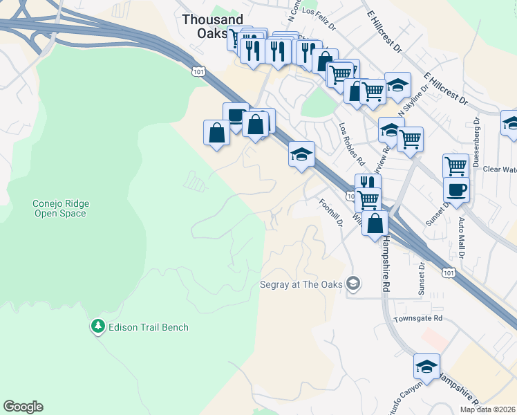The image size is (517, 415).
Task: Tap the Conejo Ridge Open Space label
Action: [60, 208]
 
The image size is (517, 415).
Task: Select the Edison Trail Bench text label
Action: [148, 327]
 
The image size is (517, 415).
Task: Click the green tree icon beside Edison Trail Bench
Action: [98, 326]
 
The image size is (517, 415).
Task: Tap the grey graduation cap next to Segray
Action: [354, 283]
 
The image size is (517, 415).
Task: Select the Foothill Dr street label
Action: [331, 213]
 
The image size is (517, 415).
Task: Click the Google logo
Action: [23, 407]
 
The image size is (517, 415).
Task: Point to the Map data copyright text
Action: [487, 409]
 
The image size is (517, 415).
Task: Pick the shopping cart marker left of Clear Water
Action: [455, 166]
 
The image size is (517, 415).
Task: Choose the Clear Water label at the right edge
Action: [500, 169]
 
